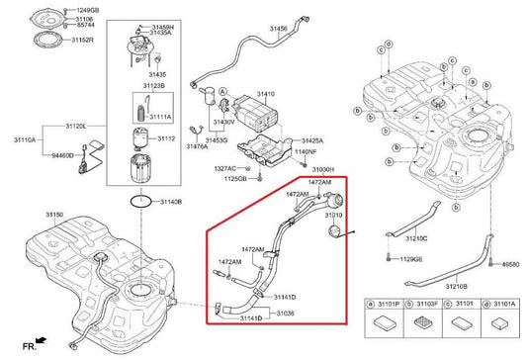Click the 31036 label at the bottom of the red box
pos(285,312)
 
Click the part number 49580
pos(509,265)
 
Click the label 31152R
pos(81,40)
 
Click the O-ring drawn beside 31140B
pos(142,201)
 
